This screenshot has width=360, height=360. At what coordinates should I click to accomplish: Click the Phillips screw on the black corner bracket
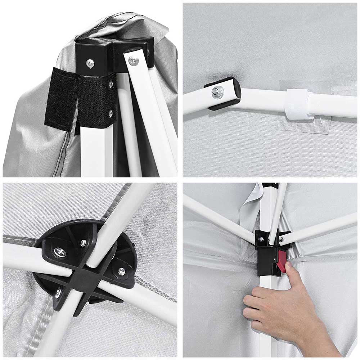coord(90,63)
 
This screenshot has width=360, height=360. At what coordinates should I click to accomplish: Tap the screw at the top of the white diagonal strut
coord(134,60)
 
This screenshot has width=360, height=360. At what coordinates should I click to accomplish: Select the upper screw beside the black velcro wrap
coord(111,85)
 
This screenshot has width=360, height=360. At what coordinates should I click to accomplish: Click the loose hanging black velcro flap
coord(59,97)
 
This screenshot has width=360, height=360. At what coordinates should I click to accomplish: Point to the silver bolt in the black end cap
coord(217,92)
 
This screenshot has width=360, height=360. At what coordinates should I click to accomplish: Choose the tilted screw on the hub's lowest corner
coord(58,293)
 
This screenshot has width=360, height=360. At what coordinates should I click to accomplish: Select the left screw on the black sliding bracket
coord(261,239)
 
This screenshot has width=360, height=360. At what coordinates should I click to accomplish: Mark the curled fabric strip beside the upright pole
coord(252,205)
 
